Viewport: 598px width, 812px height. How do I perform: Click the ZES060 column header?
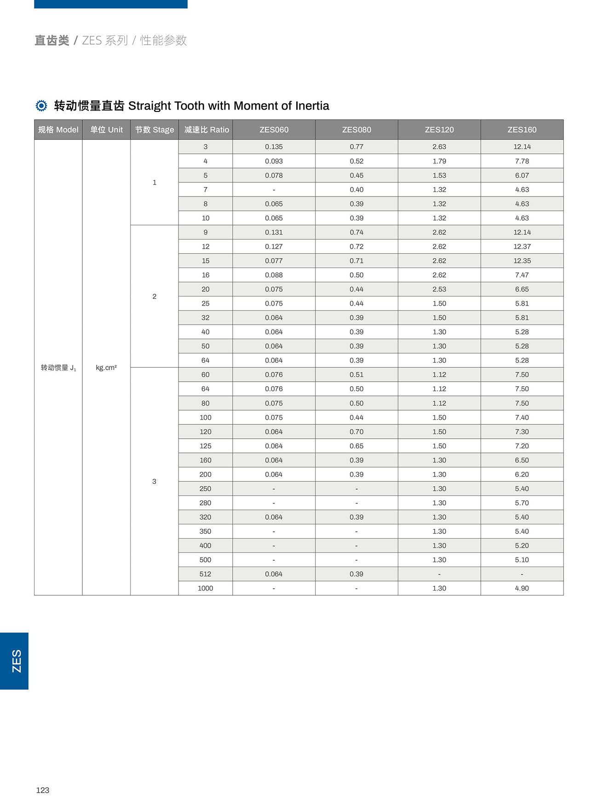[274, 130]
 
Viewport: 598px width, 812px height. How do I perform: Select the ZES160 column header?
[522, 130]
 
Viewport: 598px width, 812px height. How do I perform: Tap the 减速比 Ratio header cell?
[206, 130]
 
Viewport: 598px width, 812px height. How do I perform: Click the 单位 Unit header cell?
[106, 130]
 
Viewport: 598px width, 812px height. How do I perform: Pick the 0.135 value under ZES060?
[274, 147]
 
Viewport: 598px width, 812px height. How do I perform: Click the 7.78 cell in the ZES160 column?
[522, 161]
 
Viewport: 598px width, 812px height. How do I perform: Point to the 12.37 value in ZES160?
[522, 247]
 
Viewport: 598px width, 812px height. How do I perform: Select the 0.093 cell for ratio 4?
[274, 161]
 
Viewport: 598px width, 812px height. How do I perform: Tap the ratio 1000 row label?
[205, 588]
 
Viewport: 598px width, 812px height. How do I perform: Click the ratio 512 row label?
[205, 574]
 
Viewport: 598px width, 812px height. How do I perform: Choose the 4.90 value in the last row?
[522, 588]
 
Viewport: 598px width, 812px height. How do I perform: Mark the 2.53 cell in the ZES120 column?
[439, 289]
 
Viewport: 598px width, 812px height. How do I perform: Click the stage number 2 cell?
[154, 296]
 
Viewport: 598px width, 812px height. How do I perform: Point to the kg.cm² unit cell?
[106, 367]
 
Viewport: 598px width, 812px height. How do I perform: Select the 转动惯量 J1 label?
[58, 367]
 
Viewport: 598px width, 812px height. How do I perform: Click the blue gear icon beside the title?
[41, 106]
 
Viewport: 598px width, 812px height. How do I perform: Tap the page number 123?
[43, 790]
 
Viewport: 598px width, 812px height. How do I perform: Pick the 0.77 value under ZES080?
[356, 147]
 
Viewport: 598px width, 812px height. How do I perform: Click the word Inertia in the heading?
[312, 106]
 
